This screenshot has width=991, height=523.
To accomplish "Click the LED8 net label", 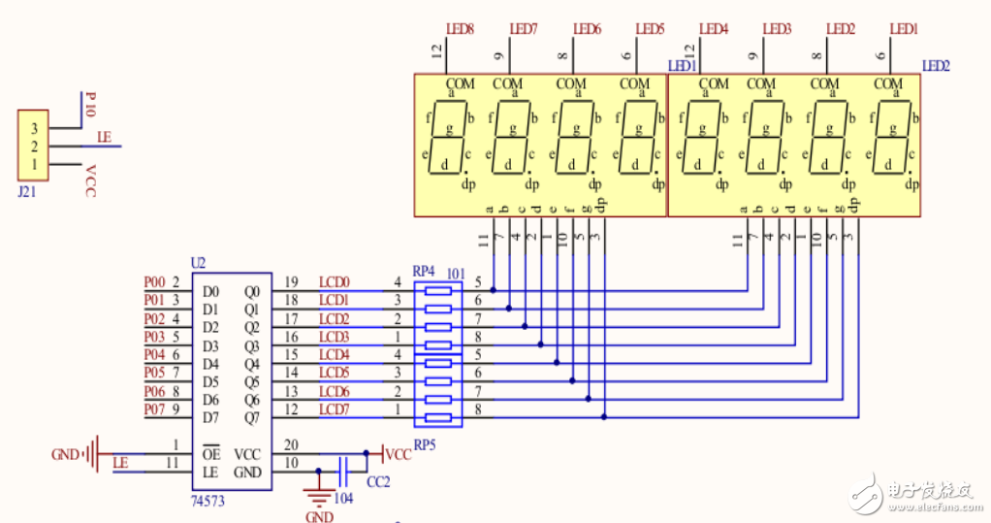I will (460, 29).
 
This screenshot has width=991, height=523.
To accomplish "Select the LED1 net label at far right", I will (904, 29).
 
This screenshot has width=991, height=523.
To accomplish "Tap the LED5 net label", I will (650, 29).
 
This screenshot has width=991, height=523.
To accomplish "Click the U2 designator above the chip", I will (199, 263).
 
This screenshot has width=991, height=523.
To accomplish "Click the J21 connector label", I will (28, 192).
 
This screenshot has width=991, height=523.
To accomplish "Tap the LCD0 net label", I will (334, 282).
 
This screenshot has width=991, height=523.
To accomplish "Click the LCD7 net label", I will (334, 409).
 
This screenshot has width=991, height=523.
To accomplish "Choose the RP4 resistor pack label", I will (425, 271).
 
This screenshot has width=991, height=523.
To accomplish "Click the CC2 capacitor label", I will (377, 482).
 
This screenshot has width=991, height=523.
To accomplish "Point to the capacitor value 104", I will (342, 498).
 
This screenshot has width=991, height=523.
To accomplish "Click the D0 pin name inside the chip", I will (210, 291).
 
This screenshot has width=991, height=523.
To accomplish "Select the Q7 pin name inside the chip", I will (252, 418).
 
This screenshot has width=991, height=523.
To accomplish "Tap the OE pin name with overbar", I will (209, 454).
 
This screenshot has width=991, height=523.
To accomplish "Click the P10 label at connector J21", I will (91, 105).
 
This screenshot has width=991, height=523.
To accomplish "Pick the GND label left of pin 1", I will (65, 454).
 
